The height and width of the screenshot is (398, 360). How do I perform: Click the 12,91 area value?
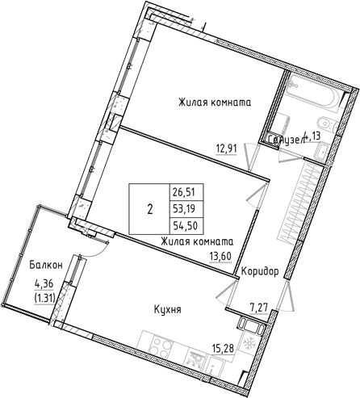pos(227,148)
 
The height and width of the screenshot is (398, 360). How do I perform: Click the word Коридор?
pos(259,272)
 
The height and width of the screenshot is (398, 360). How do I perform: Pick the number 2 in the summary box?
pos(149,207)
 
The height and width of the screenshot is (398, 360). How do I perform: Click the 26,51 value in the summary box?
pos(182,192)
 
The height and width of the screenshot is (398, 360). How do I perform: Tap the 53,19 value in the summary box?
pos(182,207)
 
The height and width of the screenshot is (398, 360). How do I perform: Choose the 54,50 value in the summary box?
pos(182,223)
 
